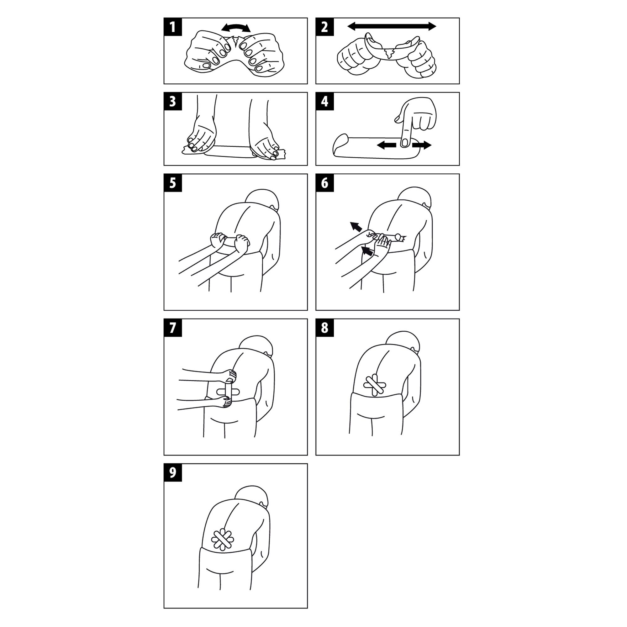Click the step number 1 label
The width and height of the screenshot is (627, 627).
coord(173,27)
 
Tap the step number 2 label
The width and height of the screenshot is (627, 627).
coord(324,27)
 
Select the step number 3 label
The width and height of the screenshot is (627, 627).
coord(173,101)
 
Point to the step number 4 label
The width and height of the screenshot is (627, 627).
coord(324,101)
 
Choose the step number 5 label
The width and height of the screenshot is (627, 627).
coord(173,183)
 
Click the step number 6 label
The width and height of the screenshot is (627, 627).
coord(324,183)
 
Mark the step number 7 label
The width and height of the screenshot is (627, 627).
coord(173,328)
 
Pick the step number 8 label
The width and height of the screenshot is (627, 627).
coord(324,328)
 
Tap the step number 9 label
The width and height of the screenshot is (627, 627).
coord(173,472)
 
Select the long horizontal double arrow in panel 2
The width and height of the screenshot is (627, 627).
coord(392,26)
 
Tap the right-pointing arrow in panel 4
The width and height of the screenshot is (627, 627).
coord(422,145)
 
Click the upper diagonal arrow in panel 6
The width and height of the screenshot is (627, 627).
coord(356,227)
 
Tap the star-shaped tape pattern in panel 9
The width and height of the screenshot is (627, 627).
coord(222,540)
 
